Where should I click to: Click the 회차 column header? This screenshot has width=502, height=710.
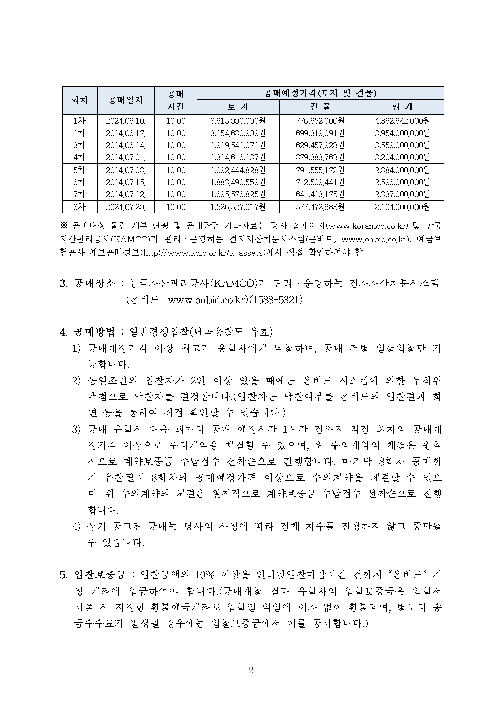click(79, 100)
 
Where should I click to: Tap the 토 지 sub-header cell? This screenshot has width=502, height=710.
click(238, 107)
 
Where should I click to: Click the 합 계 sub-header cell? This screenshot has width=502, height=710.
click(402, 107)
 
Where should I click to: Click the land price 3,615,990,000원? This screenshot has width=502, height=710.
click(238, 121)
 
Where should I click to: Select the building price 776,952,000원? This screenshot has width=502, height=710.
click(320, 121)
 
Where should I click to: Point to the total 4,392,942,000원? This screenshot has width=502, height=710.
click(402, 121)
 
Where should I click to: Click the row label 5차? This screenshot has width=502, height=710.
click(79, 170)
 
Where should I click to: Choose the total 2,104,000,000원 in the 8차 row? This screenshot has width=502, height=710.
click(402, 207)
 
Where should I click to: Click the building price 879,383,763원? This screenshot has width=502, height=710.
click(320, 158)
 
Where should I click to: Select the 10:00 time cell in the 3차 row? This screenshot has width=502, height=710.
click(176, 145)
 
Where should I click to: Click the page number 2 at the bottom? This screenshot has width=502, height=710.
click(250, 671)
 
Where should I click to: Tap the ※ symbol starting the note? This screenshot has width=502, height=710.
click(64, 225)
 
